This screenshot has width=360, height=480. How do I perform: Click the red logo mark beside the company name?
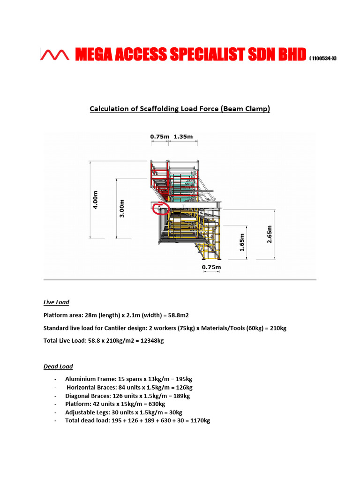click(x=55, y=55)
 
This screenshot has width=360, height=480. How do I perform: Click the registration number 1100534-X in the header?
click(x=322, y=58)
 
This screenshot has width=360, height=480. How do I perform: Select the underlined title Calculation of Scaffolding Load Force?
click(x=180, y=109)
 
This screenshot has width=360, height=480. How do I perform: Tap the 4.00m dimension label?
click(x=96, y=199)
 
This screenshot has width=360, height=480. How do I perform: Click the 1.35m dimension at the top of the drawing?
click(x=183, y=137)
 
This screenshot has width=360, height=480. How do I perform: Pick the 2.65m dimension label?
click(x=269, y=235)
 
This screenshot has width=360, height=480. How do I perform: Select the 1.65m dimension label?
click(x=242, y=243)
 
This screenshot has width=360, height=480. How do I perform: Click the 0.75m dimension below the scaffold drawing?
click(x=211, y=268)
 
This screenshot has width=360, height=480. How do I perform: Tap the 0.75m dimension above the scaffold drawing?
click(x=159, y=137)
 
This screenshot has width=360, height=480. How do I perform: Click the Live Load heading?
click(x=56, y=302)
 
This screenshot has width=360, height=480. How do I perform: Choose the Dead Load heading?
click(x=58, y=366)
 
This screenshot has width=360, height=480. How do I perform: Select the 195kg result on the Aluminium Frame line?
click(x=183, y=379)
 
